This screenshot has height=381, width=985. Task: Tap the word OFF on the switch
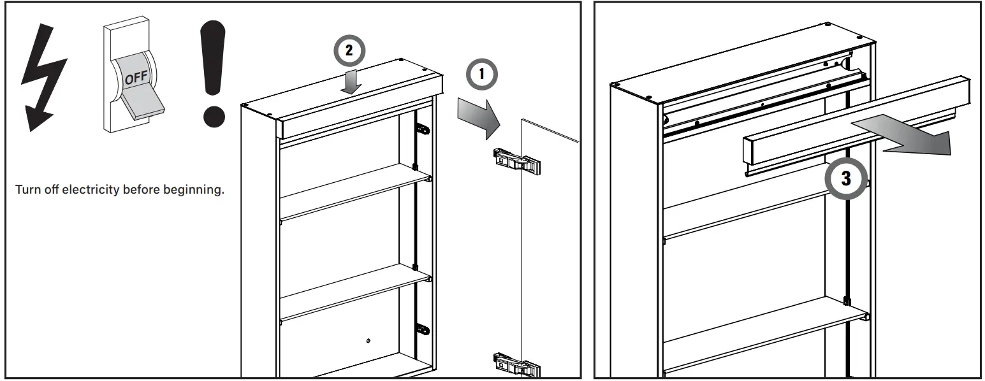coord(135,78)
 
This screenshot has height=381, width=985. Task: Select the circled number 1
coord(482,75)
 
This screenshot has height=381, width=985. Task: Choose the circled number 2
coord(347,52)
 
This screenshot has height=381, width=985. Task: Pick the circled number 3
coord(845,179)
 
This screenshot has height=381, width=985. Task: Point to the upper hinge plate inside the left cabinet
coord(422,129)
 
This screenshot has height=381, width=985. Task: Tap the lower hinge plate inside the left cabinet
coord(422,329)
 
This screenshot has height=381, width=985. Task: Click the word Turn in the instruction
coord(26,190)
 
